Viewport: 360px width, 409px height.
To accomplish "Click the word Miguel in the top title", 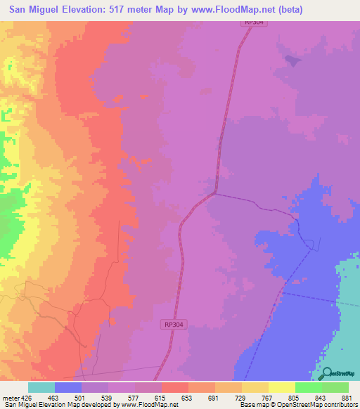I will (x=54, y=11).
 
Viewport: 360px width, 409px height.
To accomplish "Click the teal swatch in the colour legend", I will (x=41, y=387).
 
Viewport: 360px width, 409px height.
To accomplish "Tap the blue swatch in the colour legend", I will (x=68, y=387).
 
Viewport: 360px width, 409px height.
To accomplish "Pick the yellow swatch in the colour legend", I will (x=281, y=387).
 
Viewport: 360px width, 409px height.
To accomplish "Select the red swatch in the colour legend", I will (x=175, y=387).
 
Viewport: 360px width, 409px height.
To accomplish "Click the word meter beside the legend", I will (x=10, y=398).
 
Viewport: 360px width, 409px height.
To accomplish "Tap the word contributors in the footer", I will (x=340, y=405).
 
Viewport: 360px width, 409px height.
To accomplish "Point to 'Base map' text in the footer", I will (x=252, y=405).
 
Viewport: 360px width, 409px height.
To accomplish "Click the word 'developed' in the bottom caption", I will (x=94, y=405).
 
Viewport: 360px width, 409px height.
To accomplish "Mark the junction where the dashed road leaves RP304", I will (x=214, y=193).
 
